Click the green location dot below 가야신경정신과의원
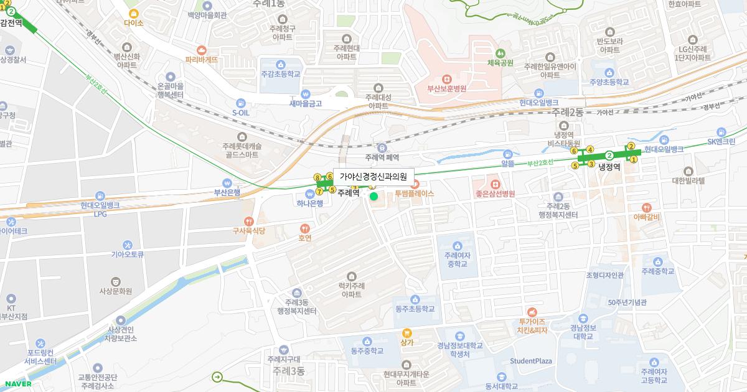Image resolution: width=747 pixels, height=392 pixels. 374,197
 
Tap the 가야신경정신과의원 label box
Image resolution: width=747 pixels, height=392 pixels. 374,176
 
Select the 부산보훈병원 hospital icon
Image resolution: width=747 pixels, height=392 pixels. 446,79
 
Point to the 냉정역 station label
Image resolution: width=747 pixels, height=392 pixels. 609,167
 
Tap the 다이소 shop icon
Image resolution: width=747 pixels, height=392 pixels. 133,13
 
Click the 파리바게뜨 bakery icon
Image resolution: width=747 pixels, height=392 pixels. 201,50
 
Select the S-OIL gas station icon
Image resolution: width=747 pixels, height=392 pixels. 240,103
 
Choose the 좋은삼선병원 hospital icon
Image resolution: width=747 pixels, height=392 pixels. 495,184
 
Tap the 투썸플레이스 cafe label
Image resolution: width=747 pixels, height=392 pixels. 414,194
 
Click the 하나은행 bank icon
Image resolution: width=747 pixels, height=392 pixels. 309,193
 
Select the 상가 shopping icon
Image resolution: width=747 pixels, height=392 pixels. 407,332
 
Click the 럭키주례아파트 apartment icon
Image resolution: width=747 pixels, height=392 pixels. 352,276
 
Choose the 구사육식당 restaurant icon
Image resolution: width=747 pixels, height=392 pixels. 249,220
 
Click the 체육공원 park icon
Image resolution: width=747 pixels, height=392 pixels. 500,53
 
